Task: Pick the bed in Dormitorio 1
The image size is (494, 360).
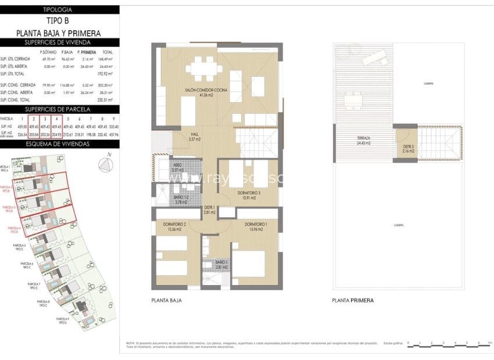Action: pyautogui.click(x=249, y=264)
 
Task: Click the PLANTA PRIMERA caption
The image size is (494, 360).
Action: pyautogui.click(x=353, y=301)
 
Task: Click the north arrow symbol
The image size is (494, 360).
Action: pyautogui.click(x=105, y=165)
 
